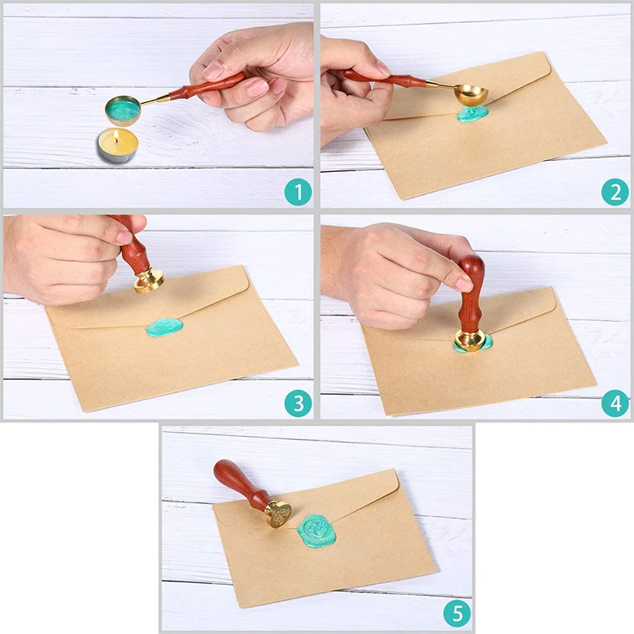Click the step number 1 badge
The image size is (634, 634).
[x=298, y=192]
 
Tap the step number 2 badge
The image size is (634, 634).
[x=614, y=192]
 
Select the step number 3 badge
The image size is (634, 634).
[x=298, y=403]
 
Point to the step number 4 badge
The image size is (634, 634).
[x=614, y=403]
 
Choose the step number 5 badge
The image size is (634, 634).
[x=456, y=613]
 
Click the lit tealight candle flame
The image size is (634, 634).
[x=118, y=135]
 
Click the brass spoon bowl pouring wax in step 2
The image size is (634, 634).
[x=473, y=95]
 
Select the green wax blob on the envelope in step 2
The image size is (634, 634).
[x=472, y=115]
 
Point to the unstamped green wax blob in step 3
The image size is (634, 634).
[x=165, y=327]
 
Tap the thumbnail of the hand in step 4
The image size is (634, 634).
[x=464, y=284]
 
